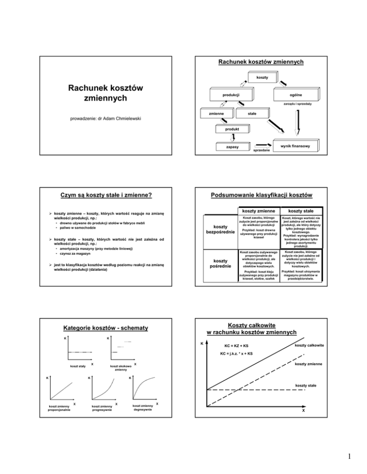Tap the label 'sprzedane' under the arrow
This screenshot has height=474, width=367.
261,150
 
